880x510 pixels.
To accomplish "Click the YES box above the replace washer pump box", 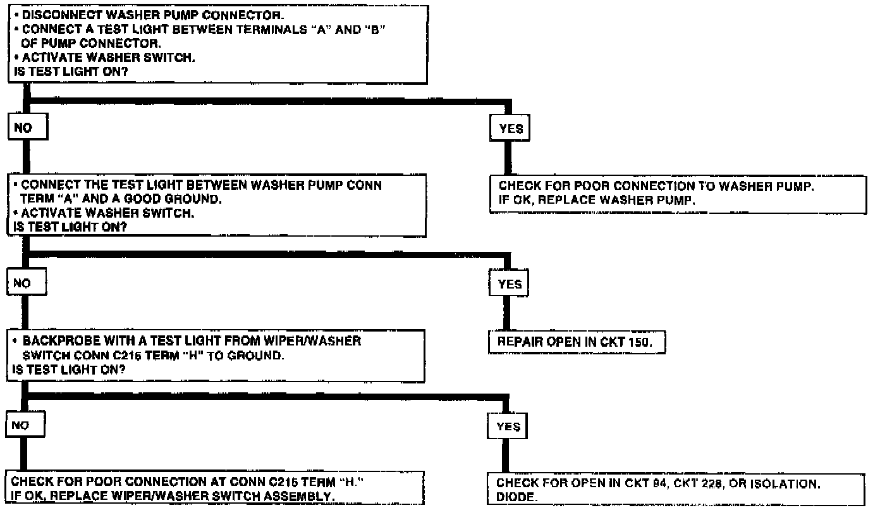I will pyautogui.click(x=511, y=128).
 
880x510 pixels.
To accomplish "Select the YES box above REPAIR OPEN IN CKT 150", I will pyautogui.click(x=510, y=284).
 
